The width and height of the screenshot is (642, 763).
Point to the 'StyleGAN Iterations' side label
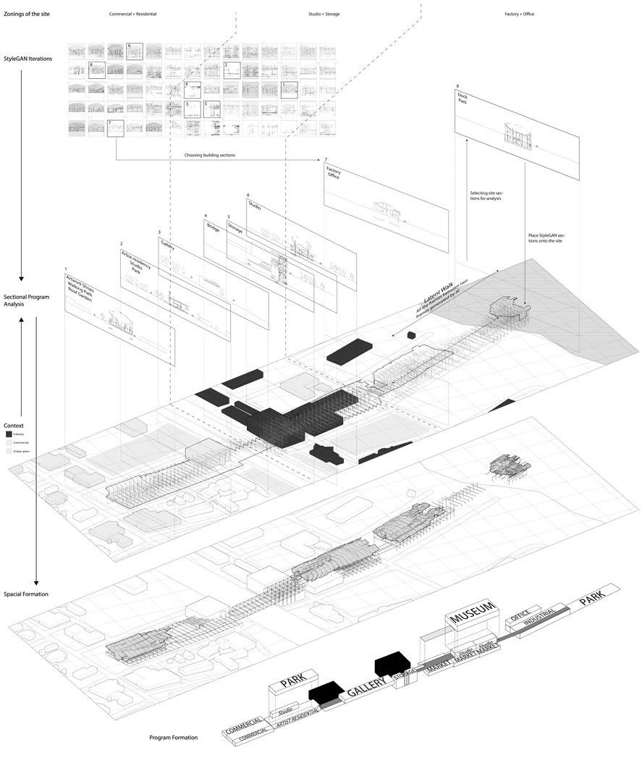tap(28, 57)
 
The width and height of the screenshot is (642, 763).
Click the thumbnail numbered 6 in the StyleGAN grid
tap(134, 51)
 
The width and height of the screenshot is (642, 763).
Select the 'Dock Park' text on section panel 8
tap(464, 98)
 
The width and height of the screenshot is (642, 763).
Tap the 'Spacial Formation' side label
tap(25, 594)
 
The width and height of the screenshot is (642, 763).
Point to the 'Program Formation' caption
tap(174, 738)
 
